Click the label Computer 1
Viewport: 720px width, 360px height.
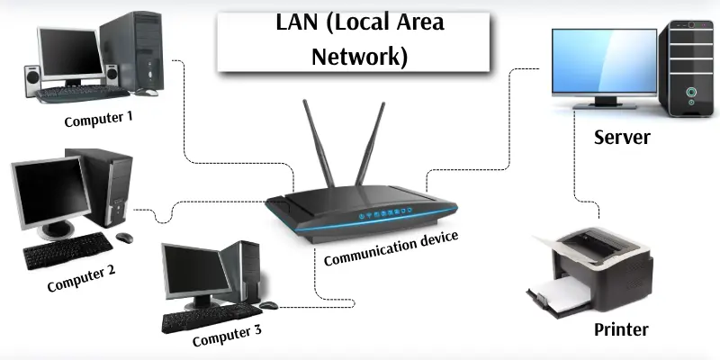tap(98, 117)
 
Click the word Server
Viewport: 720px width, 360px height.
tap(621, 138)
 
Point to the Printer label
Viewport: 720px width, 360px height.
tap(621, 328)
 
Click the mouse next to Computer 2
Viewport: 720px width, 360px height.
tap(123, 238)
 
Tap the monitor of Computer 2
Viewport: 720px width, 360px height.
tap(44, 193)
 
